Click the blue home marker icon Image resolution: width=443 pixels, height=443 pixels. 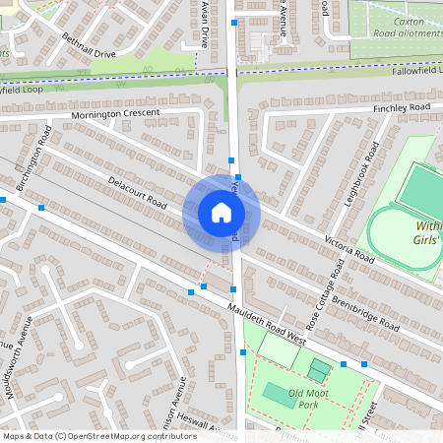tap(221, 213)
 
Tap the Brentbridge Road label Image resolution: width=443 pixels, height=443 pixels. tap(364, 311)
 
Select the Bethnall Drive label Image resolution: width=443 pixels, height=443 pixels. tap(89, 45)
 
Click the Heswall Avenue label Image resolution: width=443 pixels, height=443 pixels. tap(211, 424)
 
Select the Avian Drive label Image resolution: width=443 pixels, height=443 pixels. tap(204, 25)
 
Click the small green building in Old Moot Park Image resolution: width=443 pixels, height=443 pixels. tap(319, 369)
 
